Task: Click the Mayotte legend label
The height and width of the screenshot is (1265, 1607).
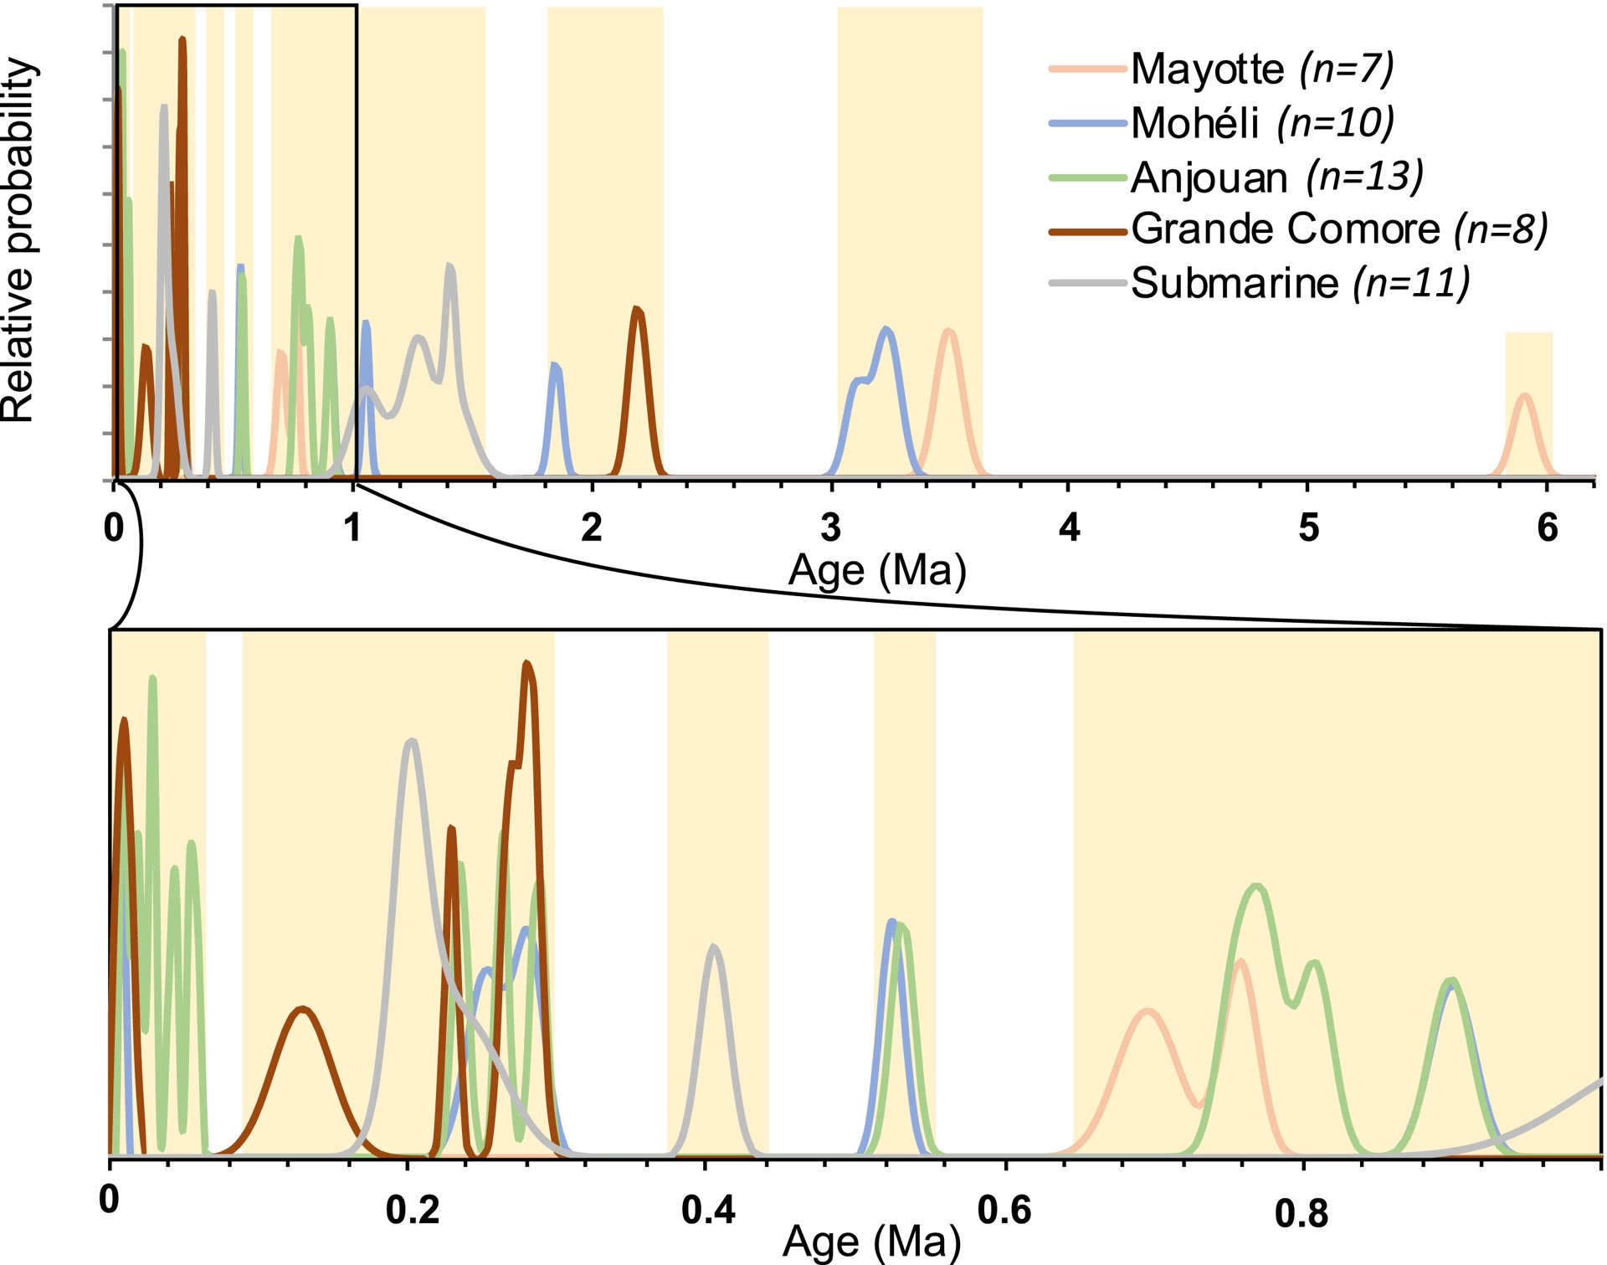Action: click(1206, 69)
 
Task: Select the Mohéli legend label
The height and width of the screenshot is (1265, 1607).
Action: click(1194, 123)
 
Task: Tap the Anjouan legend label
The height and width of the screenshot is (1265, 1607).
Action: click(1209, 177)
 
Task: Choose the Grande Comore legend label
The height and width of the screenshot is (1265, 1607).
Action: click(1285, 229)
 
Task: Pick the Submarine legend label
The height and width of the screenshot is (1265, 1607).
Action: click(1235, 283)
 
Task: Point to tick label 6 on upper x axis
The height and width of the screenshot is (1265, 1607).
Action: click(1548, 527)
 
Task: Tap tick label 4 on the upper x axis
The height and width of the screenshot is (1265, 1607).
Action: click(1069, 527)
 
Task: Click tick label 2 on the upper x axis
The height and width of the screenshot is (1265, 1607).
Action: click(591, 527)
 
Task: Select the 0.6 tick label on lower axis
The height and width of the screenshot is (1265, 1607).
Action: click(1004, 1211)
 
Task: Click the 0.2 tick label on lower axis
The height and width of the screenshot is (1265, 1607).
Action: click(413, 1211)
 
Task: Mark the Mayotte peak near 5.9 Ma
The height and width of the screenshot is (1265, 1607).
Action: click(1525, 396)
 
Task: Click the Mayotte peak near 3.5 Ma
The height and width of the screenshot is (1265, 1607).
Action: click(948, 332)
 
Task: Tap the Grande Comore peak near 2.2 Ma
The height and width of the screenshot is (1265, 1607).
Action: click(638, 310)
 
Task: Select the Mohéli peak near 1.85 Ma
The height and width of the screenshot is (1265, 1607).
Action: click(555, 366)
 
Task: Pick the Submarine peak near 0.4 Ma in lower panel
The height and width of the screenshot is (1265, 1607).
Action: click(713, 948)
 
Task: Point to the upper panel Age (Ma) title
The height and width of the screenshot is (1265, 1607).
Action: click(876, 571)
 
